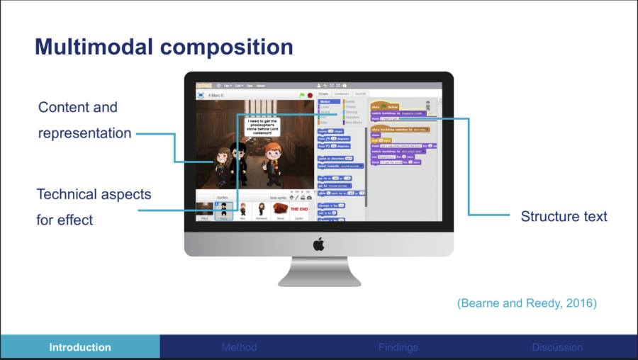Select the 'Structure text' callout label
point(564,216)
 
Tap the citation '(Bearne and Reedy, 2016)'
point(527,303)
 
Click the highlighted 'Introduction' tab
point(80,347)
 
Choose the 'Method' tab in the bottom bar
point(239,347)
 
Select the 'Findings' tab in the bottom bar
point(398,347)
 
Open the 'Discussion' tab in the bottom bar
point(557,347)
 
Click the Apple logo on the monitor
point(318,244)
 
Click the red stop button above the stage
point(310,95)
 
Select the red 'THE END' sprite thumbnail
point(298,209)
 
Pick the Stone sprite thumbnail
point(279,209)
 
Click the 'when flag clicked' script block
point(386,106)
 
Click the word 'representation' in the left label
point(84,133)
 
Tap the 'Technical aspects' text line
point(94,193)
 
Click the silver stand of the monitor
point(318,273)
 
